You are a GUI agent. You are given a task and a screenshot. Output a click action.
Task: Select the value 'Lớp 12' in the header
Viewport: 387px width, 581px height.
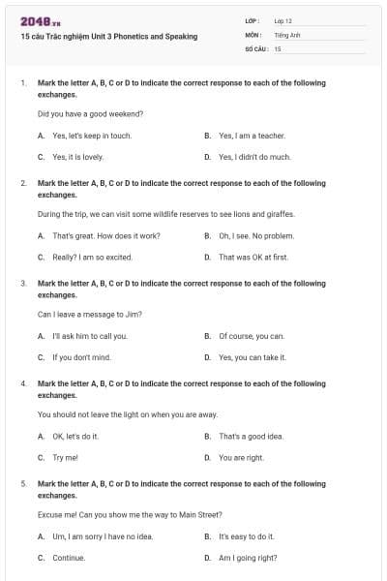[x=283, y=20]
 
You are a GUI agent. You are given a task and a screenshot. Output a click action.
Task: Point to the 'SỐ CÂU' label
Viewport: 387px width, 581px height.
[x=255, y=47]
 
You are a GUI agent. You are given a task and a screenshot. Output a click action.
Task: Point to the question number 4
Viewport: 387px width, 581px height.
[x=22, y=384]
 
